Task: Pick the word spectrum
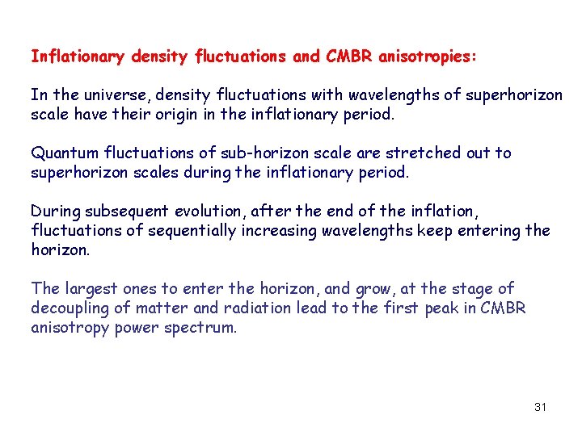(x=206, y=329)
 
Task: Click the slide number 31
(x=540, y=407)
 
